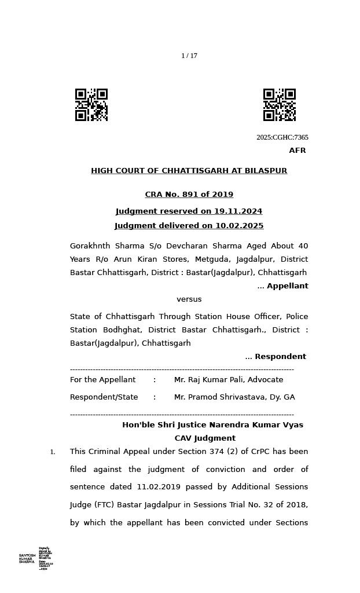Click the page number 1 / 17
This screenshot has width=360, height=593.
(x=189, y=56)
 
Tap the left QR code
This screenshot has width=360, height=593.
(x=91, y=105)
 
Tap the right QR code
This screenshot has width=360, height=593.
(x=280, y=105)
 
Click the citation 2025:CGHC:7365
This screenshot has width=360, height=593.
(x=282, y=138)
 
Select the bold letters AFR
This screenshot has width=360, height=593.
(x=297, y=151)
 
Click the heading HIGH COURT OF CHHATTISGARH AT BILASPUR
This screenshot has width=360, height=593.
(x=189, y=171)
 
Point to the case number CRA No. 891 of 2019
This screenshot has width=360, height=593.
(x=189, y=195)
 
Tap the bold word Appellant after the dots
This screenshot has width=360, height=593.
(x=287, y=286)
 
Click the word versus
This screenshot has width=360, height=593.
(x=189, y=299)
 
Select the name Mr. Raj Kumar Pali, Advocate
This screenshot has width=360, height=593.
(x=229, y=380)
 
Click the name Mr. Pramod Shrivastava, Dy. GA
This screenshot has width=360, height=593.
(x=234, y=397)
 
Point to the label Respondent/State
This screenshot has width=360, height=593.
(x=104, y=397)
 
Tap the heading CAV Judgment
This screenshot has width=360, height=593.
(x=205, y=438)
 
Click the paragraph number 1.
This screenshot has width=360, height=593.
(x=52, y=452)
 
